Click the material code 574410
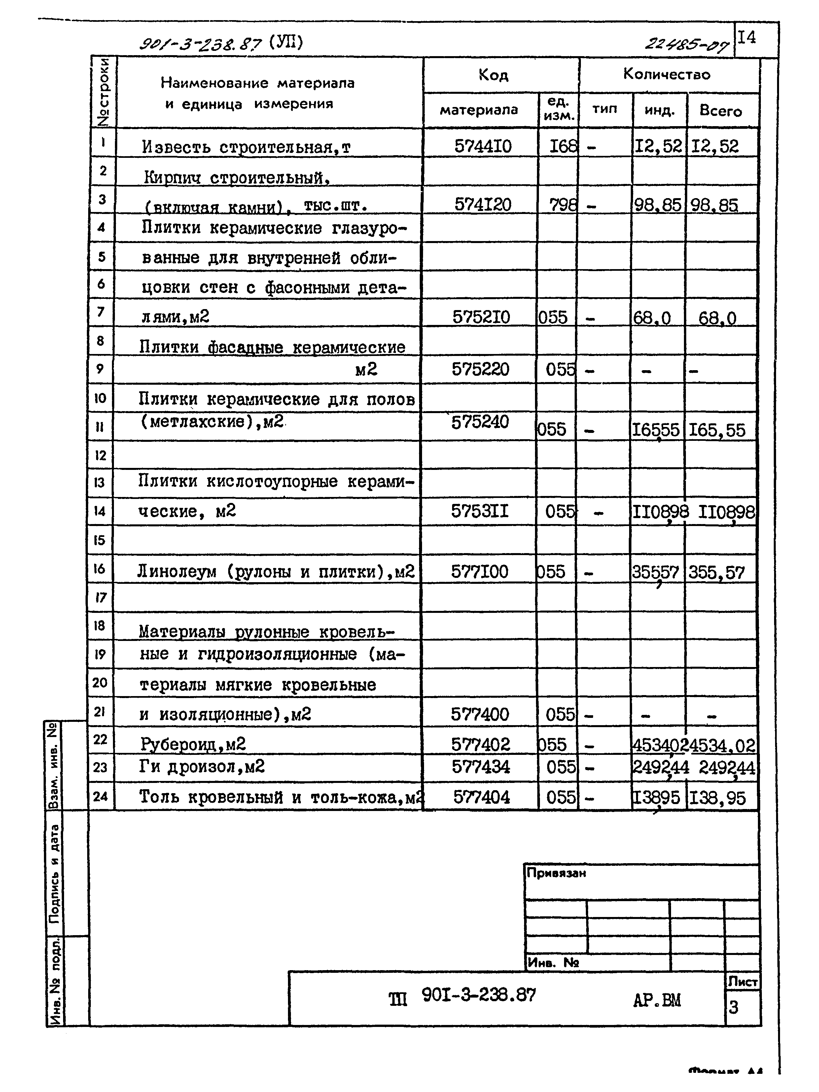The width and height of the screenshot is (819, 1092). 482,146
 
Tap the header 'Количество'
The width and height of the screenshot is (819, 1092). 666,75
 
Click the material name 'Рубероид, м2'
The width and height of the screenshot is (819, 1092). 193,744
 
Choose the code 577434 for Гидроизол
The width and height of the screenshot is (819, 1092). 481,767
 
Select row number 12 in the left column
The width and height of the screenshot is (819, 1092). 100,455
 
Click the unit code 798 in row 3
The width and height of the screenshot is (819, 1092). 563,204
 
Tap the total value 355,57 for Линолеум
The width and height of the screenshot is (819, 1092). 716,573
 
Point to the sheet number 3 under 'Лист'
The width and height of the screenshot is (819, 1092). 733,1007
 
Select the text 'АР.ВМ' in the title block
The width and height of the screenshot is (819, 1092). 656,1001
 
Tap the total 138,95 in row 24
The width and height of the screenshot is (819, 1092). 717,798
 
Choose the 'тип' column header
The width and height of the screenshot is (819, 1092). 605,109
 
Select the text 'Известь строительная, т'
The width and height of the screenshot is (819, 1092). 246,147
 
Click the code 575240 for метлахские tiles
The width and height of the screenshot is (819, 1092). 480,422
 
